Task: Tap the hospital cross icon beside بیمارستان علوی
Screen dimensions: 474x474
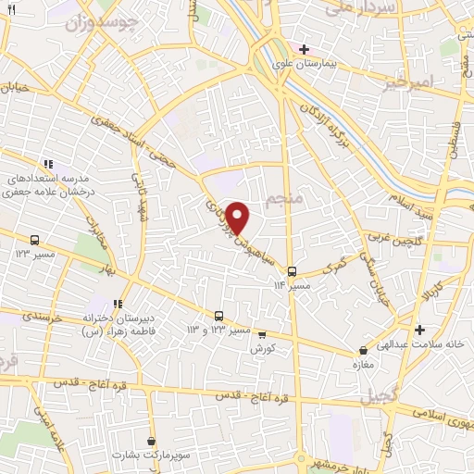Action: [304, 48]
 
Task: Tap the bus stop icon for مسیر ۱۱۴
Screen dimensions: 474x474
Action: [293, 271]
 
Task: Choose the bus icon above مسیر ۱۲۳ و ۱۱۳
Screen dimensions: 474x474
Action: [218, 316]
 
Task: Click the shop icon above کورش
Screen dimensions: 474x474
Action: [261, 334]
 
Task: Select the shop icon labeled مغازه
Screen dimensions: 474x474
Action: [362, 351]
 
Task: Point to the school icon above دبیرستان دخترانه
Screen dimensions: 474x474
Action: [118, 303]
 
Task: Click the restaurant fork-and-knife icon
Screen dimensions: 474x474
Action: [11, 8]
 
